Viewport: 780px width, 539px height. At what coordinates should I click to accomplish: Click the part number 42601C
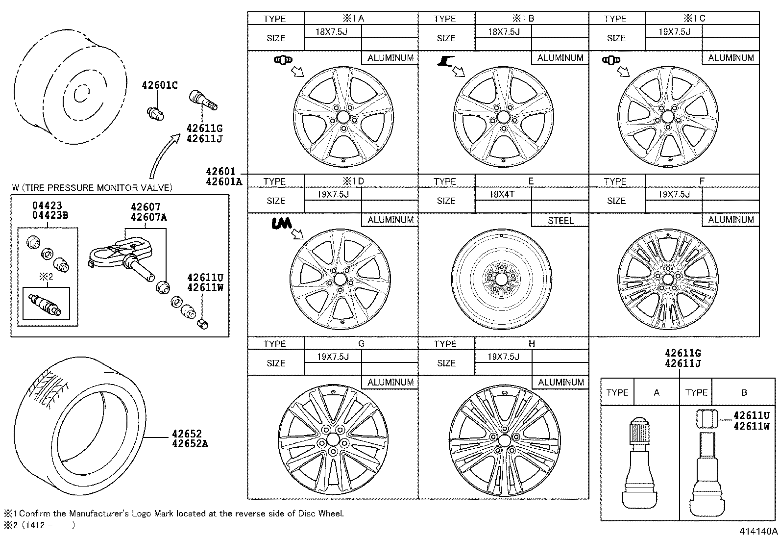[160, 85]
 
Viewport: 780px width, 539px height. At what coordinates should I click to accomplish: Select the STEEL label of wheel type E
[561, 220]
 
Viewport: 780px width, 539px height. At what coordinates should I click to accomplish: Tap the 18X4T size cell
[501, 194]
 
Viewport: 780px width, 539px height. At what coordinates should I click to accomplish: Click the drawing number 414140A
[758, 531]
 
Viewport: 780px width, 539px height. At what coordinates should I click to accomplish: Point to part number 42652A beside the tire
[190, 443]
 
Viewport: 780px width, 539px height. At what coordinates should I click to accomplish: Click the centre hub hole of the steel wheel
[501, 279]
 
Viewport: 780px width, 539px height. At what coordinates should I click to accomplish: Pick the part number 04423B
[50, 215]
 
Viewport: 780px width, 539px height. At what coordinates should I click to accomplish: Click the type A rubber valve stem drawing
[639, 462]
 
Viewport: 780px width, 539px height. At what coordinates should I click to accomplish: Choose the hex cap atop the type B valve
[707, 419]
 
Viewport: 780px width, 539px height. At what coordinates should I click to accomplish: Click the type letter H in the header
[532, 344]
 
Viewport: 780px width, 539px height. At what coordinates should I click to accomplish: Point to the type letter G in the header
[361, 344]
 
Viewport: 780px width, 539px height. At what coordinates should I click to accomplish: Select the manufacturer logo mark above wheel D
[281, 223]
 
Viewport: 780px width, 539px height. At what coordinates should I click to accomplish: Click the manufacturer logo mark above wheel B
[445, 61]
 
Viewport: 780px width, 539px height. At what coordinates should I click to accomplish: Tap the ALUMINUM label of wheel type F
[731, 220]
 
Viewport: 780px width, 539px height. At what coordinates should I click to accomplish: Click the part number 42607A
[148, 217]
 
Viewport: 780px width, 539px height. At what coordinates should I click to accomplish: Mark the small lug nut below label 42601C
[155, 114]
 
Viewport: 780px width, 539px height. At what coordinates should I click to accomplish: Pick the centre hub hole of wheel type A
[343, 117]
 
